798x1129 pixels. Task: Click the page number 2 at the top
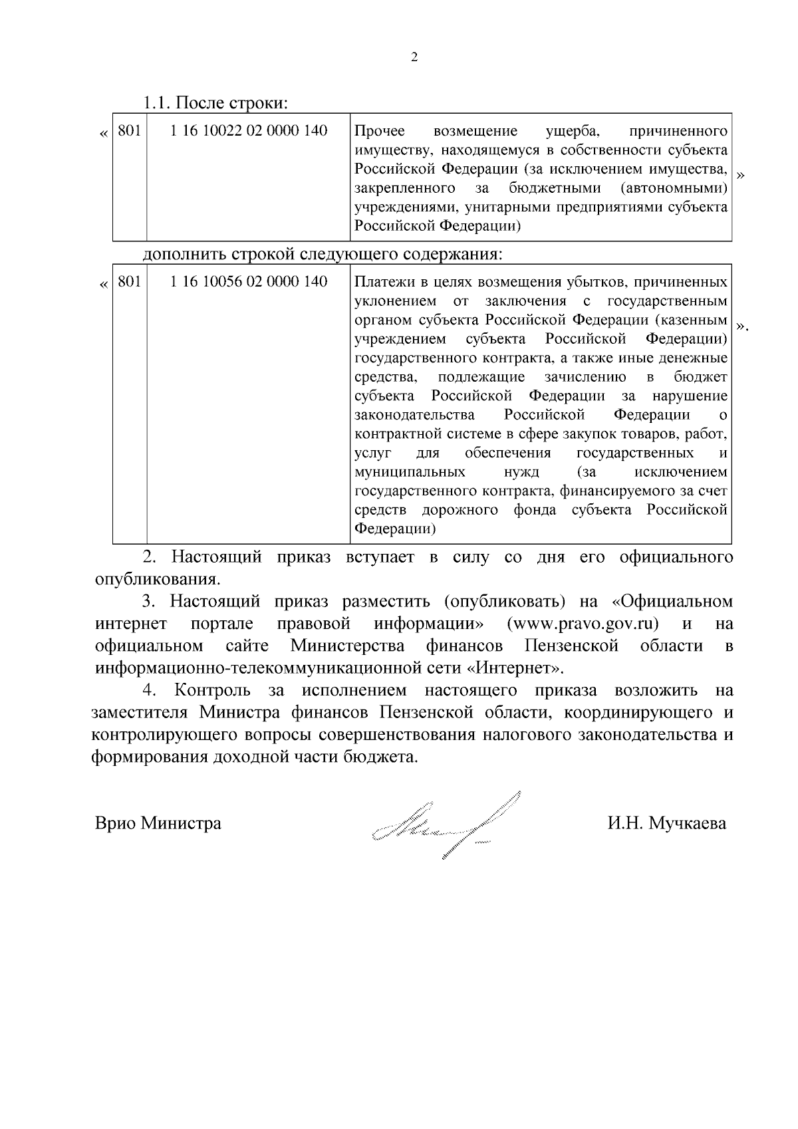pyautogui.click(x=414, y=58)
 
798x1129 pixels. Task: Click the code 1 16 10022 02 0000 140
pyautogui.click(x=249, y=131)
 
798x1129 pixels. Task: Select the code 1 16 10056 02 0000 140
pyautogui.click(x=249, y=282)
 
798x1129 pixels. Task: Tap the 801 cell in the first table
pyautogui.click(x=129, y=131)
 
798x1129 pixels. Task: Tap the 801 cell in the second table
pyautogui.click(x=129, y=282)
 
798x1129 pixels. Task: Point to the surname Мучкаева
pyautogui.click(x=688, y=824)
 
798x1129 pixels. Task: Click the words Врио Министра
pyautogui.click(x=158, y=824)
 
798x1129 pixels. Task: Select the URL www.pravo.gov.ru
pyautogui.click(x=583, y=624)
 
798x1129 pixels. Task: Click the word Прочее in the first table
pyautogui.click(x=376, y=131)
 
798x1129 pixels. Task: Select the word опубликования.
pyautogui.click(x=157, y=578)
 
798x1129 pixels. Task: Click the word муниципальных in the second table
pyautogui.click(x=410, y=472)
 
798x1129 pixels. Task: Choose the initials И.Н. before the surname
pyautogui.click(x=624, y=824)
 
